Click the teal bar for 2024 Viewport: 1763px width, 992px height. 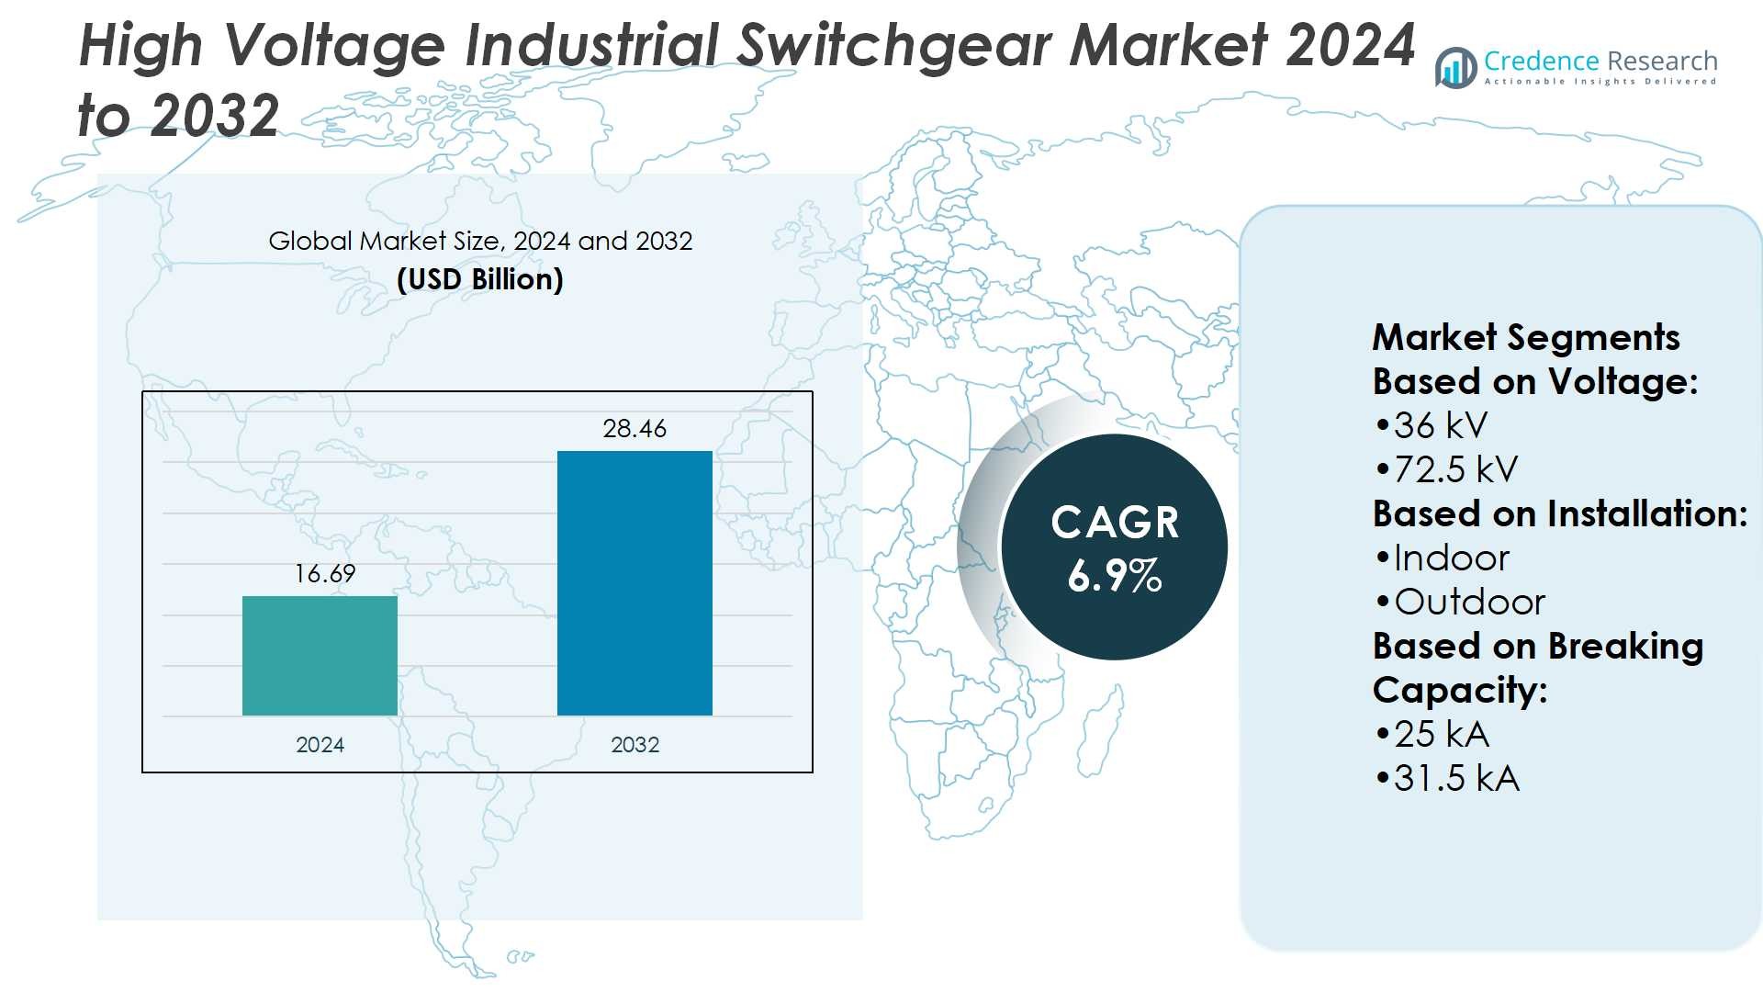coord(320,655)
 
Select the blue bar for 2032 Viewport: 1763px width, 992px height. coord(634,582)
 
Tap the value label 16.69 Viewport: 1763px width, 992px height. coord(325,574)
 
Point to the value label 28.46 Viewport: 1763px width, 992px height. coord(634,429)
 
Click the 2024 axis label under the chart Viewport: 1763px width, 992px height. coord(320,745)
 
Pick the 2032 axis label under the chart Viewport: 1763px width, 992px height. coord(634,745)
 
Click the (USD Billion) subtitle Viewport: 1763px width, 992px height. coord(479,279)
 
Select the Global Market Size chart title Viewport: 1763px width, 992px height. coord(479,241)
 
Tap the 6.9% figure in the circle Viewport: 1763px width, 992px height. coord(1114,576)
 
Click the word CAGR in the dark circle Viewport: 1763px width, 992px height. coord(1114,523)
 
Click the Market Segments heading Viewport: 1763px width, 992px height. coord(1525,337)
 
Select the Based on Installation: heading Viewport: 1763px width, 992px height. coord(1559,513)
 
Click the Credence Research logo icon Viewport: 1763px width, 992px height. coord(1456,68)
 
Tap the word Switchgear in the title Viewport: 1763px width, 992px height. coord(895,46)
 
